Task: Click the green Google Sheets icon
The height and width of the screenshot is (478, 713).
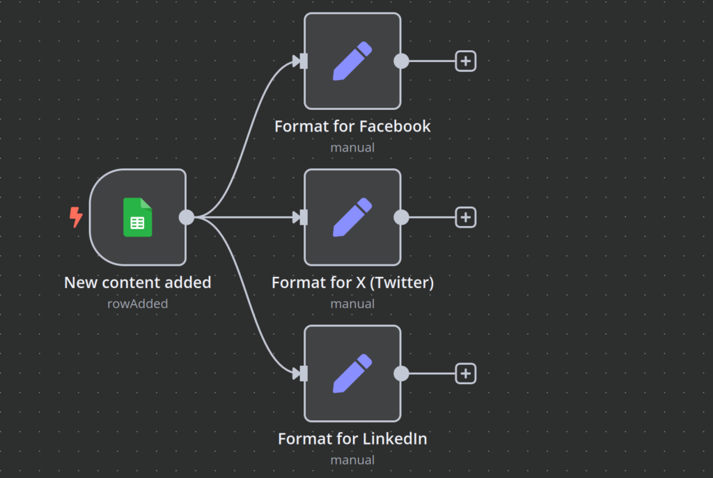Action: click(138, 217)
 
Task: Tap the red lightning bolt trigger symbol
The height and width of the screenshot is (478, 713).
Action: click(76, 217)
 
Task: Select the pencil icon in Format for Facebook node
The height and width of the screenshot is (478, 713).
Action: click(352, 61)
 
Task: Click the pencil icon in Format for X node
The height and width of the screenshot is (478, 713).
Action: click(352, 217)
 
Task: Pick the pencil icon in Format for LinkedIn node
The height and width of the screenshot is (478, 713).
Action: click(352, 374)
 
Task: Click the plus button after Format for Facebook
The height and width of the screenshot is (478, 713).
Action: click(466, 61)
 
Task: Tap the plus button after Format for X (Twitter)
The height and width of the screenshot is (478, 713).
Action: click(466, 217)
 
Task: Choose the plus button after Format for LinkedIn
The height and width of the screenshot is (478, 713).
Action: click(466, 374)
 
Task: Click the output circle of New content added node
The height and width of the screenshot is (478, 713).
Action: click(187, 217)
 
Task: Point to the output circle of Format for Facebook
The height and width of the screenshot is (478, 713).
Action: click(401, 61)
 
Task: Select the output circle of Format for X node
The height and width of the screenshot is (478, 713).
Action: click(401, 217)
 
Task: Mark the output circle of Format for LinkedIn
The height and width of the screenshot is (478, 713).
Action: click(401, 374)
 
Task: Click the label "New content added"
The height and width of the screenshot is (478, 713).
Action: click(138, 282)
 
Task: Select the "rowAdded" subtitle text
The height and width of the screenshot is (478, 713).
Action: click(138, 303)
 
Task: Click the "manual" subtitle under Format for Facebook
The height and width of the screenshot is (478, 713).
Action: click(352, 148)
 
